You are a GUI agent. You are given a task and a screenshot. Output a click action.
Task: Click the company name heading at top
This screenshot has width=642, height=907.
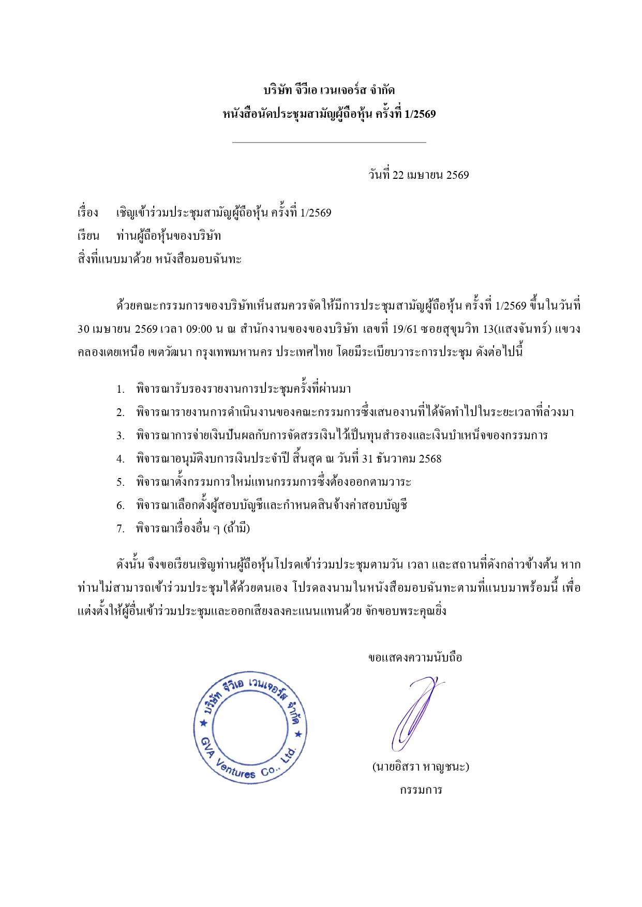coord(329,90)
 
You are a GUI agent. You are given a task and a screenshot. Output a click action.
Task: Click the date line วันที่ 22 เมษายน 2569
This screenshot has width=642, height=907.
coord(419,175)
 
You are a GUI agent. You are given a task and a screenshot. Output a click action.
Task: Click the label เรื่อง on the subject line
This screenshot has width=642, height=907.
coord(88,213)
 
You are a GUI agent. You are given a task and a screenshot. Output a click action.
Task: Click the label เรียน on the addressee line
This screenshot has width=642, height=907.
coord(88,236)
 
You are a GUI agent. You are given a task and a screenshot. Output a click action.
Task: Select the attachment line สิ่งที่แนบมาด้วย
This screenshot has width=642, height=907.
coord(159,259)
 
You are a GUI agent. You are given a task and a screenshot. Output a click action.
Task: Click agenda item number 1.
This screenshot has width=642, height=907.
coord(121,389)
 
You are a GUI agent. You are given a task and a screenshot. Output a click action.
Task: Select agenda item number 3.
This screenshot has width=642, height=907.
coord(121,436)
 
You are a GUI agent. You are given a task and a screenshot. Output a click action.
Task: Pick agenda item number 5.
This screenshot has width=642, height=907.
coord(121,482)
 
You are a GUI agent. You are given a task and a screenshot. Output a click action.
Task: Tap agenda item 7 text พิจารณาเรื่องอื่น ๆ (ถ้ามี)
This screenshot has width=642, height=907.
coord(193,528)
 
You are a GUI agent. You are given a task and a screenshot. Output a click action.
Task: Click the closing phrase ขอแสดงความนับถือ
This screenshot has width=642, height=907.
coord(415,657)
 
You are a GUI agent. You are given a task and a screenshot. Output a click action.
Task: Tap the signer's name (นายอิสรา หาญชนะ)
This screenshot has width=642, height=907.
coord(421,766)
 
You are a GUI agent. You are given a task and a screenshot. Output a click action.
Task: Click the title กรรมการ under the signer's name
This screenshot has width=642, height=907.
coord(421,790)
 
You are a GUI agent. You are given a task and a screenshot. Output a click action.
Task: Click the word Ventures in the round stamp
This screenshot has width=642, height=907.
coord(236,768)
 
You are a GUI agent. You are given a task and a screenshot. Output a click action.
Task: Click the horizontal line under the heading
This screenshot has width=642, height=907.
coord(329,142)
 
